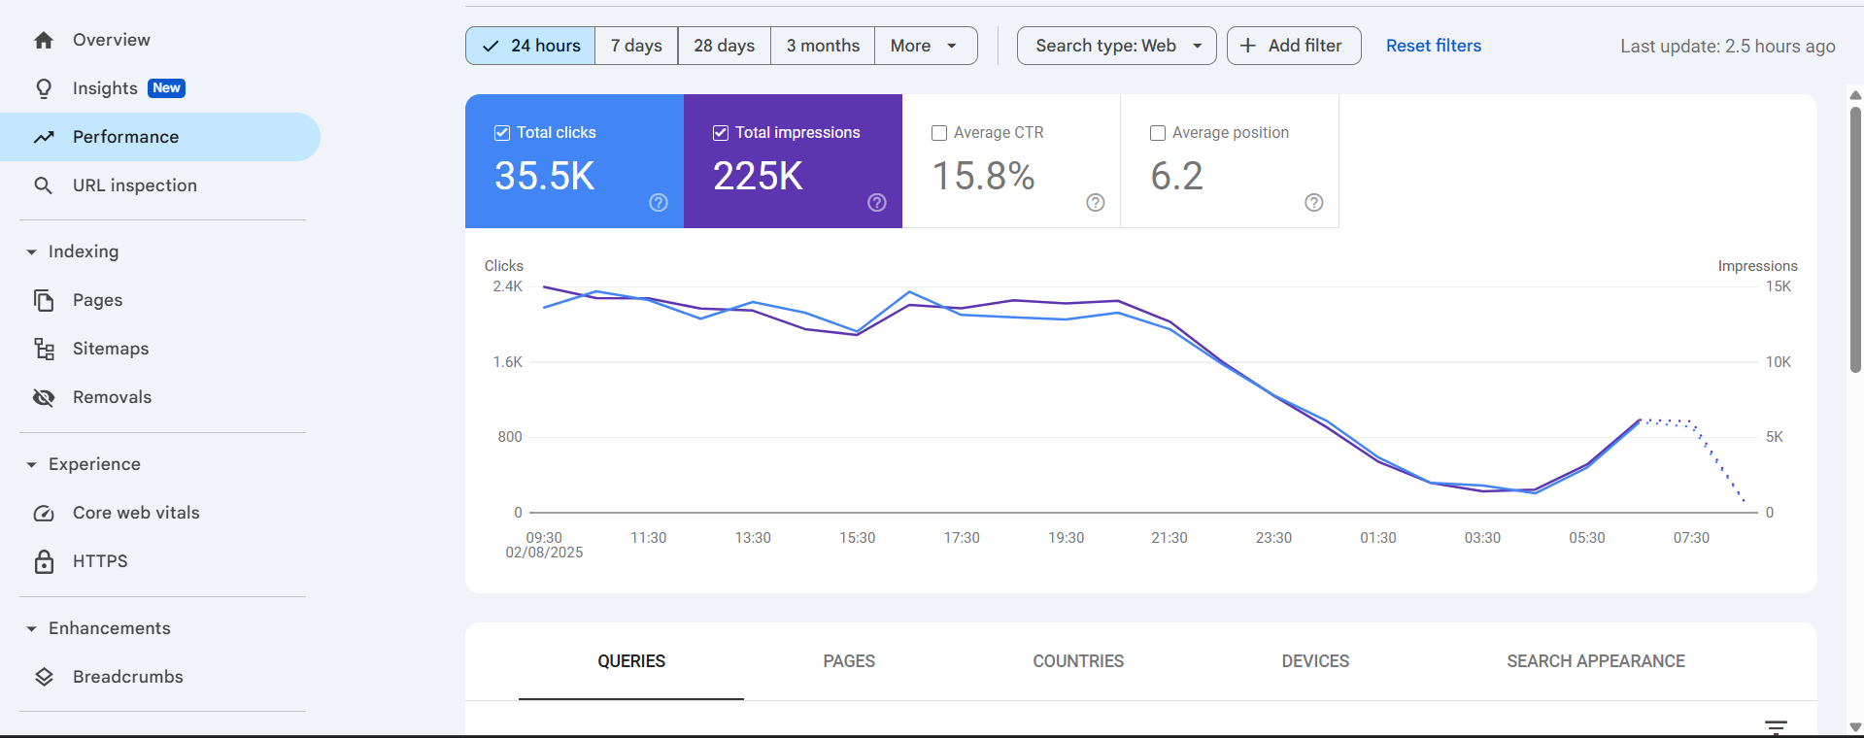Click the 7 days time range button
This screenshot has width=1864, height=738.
click(636, 46)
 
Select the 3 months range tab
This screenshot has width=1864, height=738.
click(823, 46)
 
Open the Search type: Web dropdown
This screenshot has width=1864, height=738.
click(1116, 46)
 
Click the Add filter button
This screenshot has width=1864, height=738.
click(1293, 46)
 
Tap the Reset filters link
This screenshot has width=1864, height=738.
click(1433, 46)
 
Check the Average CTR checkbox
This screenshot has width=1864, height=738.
click(939, 133)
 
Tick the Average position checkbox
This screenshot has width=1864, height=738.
click(1158, 133)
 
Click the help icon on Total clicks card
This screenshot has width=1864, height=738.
click(659, 202)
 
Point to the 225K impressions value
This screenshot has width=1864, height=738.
click(758, 176)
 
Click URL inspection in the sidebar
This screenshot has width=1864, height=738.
click(134, 185)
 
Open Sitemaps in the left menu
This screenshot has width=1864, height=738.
click(110, 349)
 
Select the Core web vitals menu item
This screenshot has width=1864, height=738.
click(136, 513)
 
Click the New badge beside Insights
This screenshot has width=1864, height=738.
click(166, 88)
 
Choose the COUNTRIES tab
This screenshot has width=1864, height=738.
click(1077, 661)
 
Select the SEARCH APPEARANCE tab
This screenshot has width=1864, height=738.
click(1595, 661)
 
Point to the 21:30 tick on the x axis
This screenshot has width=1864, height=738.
click(1169, 538)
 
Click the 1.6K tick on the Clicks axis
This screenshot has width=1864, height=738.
click(507, 362)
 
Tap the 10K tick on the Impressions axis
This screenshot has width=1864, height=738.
click(1778, 362)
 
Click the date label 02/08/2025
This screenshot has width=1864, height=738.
click(544, 553)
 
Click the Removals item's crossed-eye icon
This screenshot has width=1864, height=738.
click(44, 397)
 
